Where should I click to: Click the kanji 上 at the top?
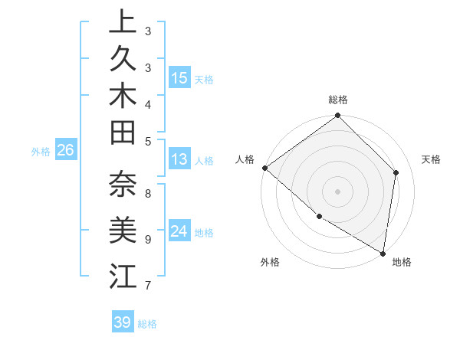point(123,23)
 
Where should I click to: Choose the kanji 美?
point(123,230)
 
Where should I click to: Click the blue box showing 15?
point(179,78)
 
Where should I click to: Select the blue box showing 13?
point(179,160)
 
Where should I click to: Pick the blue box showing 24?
point(179,232)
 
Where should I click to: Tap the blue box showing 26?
point(66,150)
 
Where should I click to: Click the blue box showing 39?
point(123,322)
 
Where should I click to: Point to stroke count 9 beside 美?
point(147,239)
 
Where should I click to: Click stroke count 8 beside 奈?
point(147,194)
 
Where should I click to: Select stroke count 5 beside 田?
point(147,140)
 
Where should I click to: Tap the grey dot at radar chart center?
point(337,191)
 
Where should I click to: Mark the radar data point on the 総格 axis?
point(337,116)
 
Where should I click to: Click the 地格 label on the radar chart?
point(402,262)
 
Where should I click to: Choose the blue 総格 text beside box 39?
point(147,324)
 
